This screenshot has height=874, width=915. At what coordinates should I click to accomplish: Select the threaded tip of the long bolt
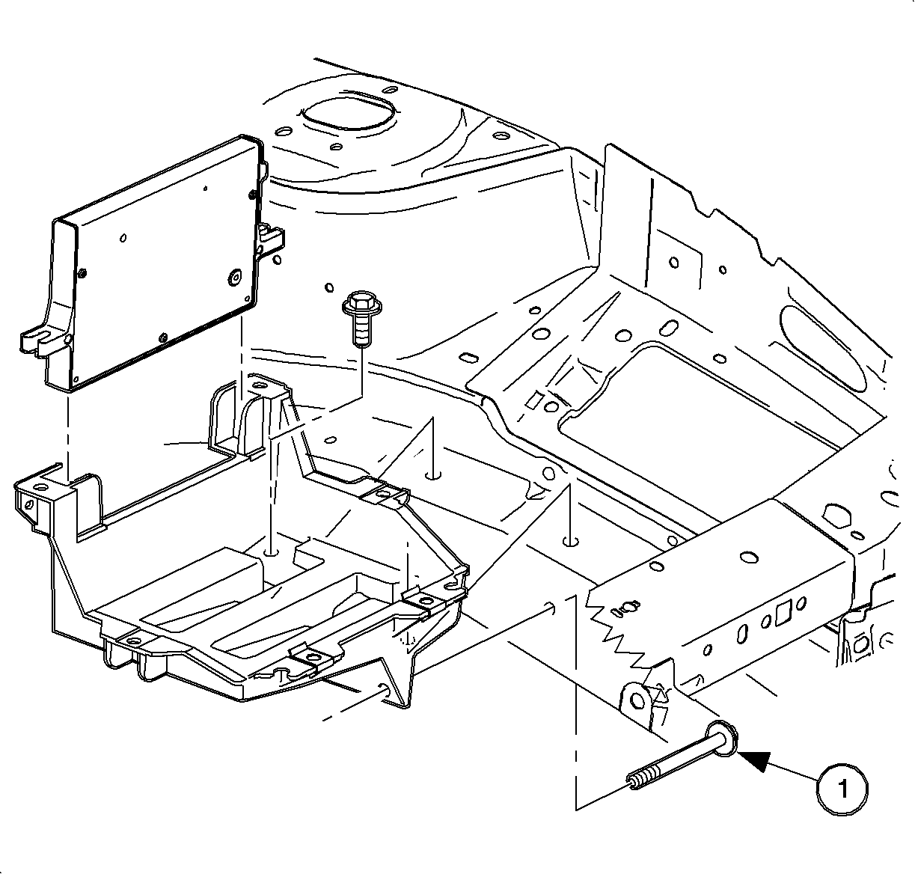pyautogui.click(x=637, y=784)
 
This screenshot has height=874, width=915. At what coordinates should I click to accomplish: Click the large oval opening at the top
pyautogui.click(x=346, y=112)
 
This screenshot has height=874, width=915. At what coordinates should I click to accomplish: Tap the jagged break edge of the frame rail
pyautogui.click(x=621, y=629)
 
